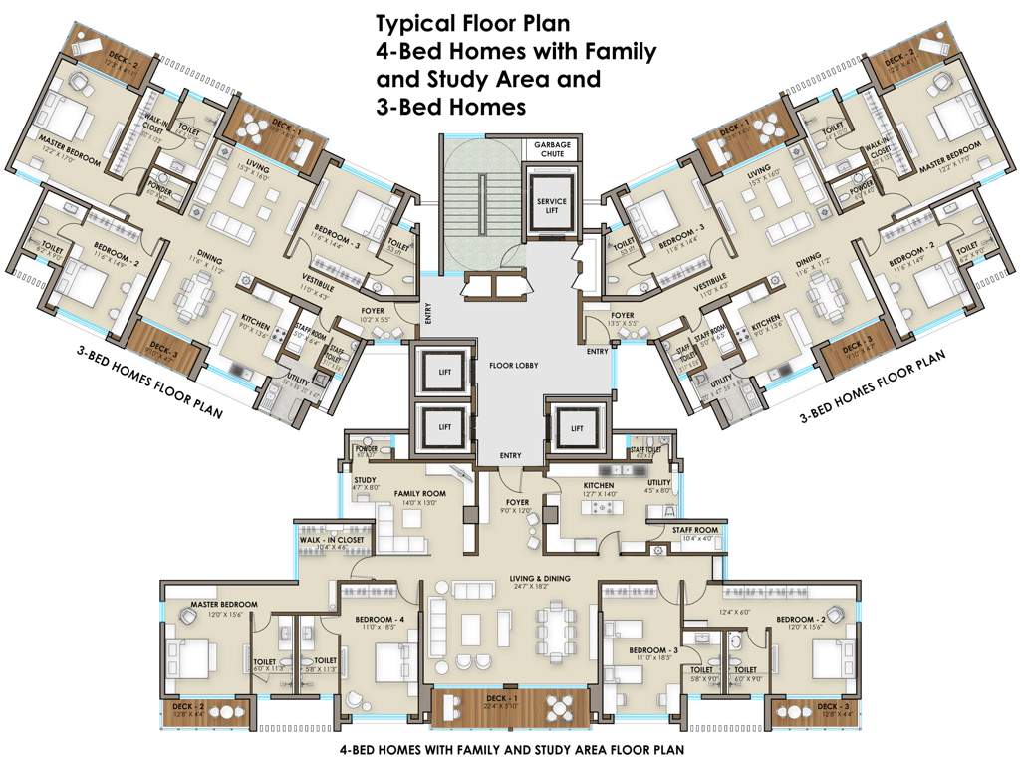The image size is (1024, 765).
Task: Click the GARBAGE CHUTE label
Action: (x=552, y=149)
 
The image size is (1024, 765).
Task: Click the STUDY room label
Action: (x=365, y=479)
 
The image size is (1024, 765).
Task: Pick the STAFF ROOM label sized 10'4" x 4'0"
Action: (x=694, y=531)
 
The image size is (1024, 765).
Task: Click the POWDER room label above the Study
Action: (x=365, y=449)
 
